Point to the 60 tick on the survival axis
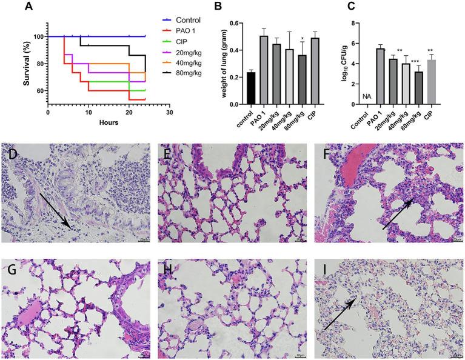[39, 91]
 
